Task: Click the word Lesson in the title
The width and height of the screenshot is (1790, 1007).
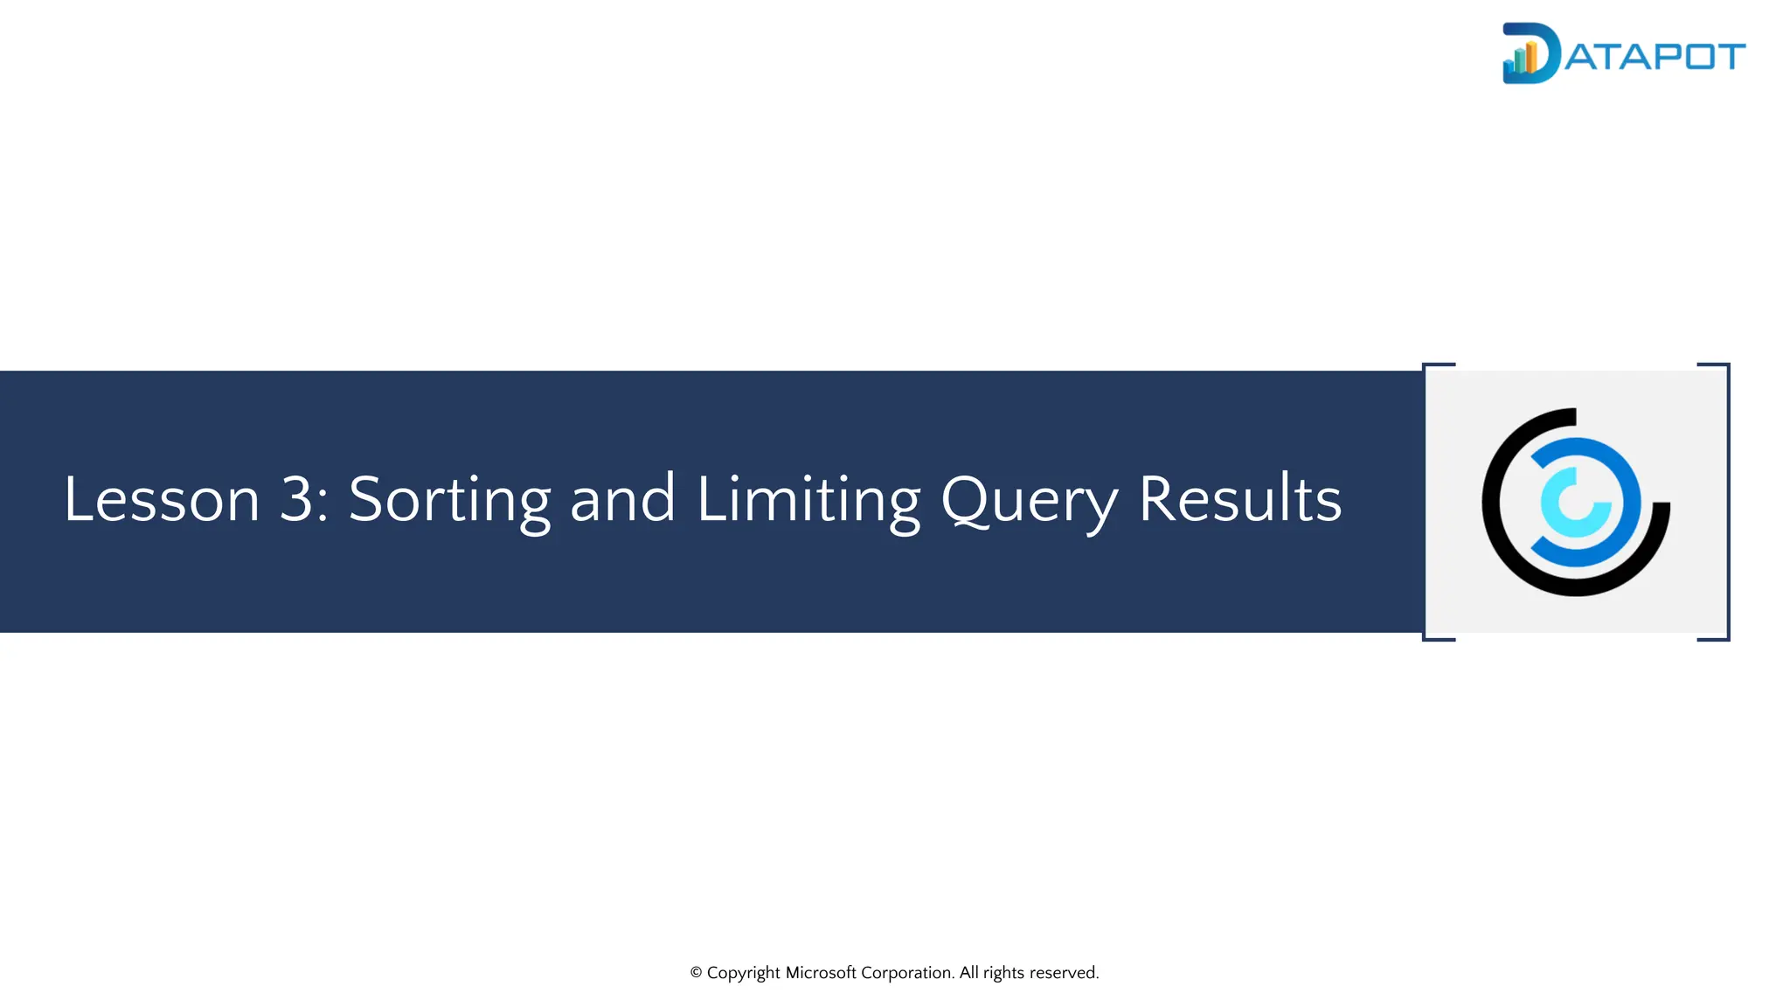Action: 162,499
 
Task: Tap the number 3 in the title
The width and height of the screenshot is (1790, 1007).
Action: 297,499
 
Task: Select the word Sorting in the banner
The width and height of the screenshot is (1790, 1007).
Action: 449,499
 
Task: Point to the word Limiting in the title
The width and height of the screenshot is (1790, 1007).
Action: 808,499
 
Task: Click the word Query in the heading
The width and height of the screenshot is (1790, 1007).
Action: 1029,499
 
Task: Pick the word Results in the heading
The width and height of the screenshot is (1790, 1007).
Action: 1239,499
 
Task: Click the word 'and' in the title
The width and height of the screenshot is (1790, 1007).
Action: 622,499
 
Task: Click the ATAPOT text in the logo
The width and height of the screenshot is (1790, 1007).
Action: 1655,57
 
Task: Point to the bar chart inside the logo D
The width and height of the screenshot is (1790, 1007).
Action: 1521,59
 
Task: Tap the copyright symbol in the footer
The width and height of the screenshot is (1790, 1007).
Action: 697,973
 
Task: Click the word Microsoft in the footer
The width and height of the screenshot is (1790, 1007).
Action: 821,973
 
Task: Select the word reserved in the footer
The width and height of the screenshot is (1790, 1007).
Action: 1064,973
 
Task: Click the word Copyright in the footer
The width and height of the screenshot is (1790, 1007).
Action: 743,973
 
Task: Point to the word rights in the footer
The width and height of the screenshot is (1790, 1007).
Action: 1003,973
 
